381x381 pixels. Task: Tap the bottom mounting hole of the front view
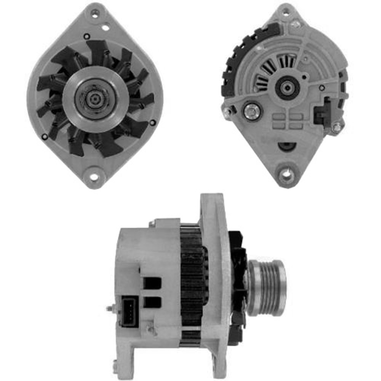click(94, 177)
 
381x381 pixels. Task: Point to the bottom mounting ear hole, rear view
click(286, 176)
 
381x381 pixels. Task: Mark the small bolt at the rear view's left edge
click(228, 111)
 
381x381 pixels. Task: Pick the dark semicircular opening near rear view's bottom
click(286, 146)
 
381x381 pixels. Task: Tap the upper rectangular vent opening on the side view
click(152, 283)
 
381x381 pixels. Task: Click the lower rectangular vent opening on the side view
click(152, 302)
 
